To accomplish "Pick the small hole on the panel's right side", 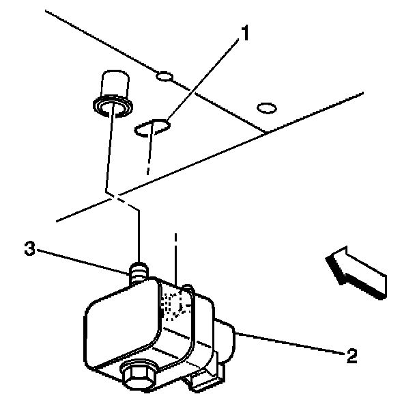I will tap(266, 107).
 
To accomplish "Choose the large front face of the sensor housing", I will tap(123, 328).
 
